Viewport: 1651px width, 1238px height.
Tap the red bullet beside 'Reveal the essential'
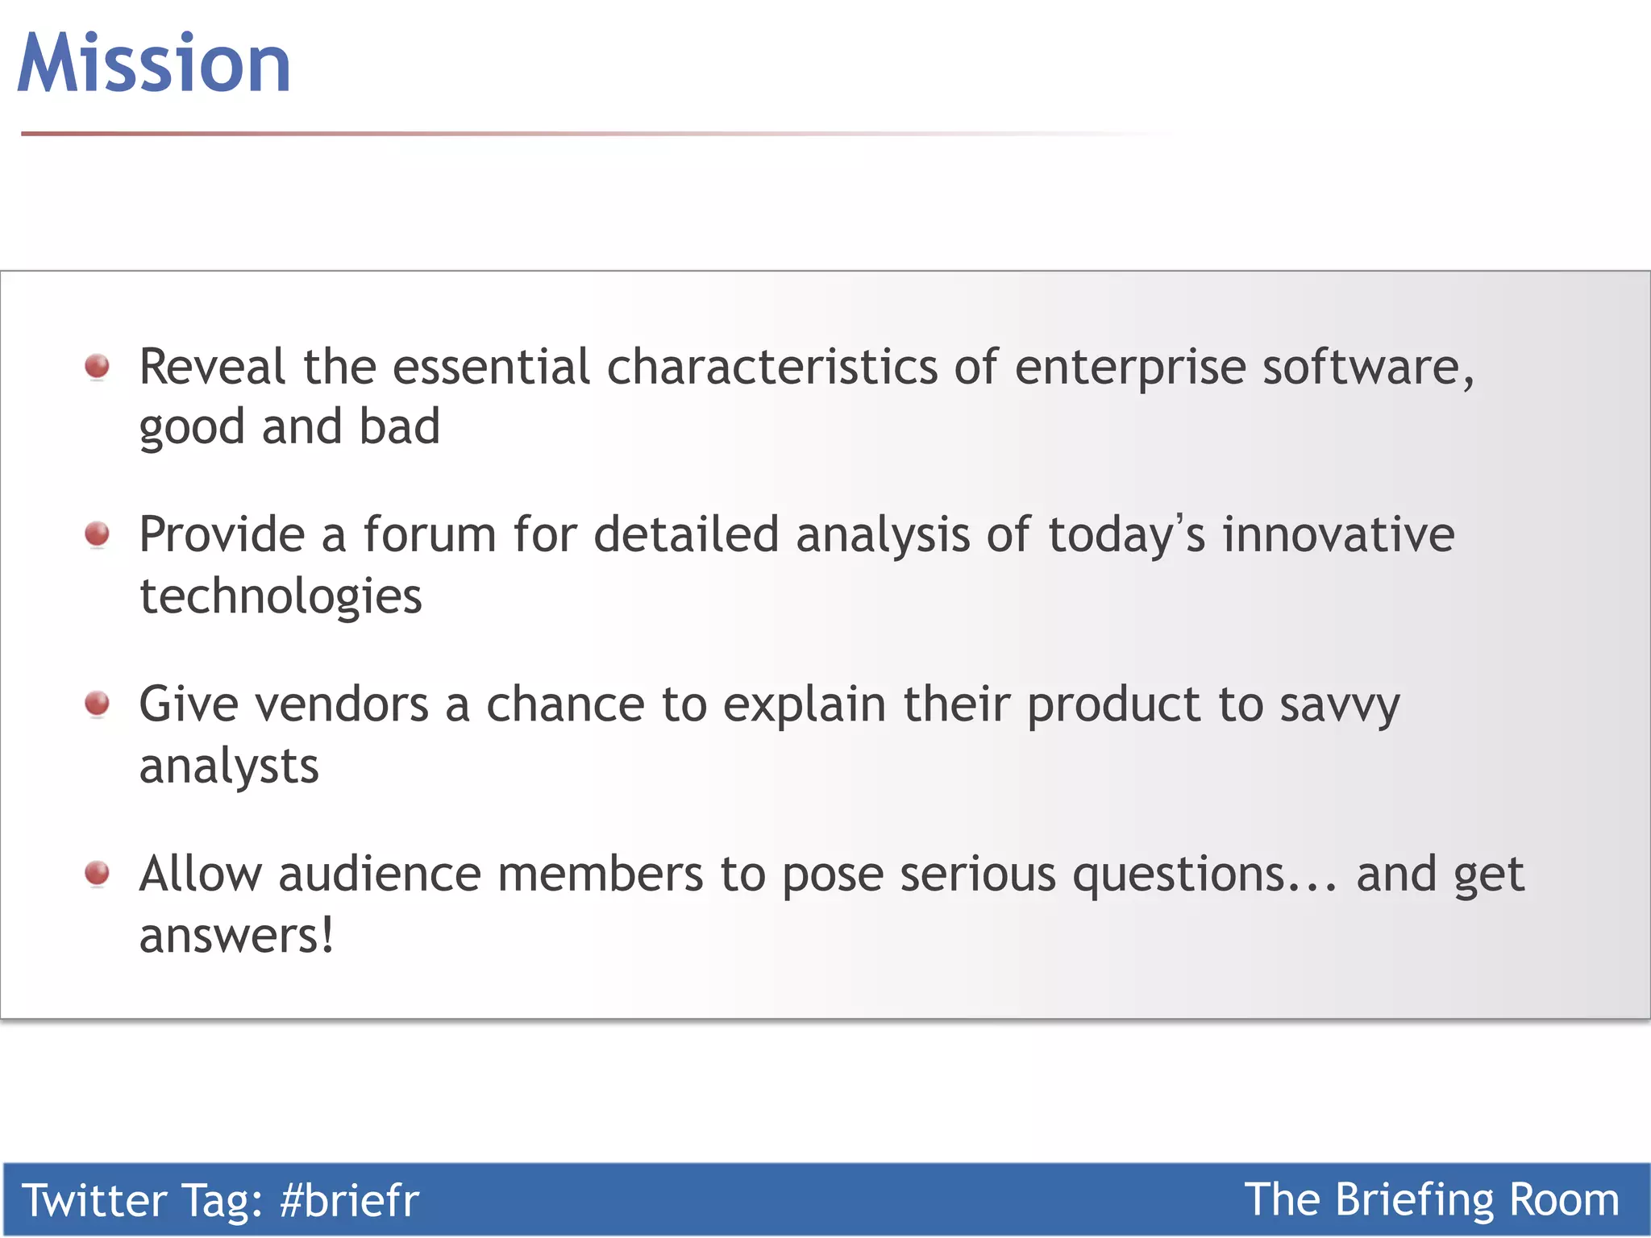[x=98, y=366]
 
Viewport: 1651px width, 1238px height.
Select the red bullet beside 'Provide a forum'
[x=98, y=534]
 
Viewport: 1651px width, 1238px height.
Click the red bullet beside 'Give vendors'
[x=98, y=703]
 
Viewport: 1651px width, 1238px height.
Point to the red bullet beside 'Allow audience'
[x=98, y=873]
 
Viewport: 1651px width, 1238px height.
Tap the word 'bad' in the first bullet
[x=400, y=426]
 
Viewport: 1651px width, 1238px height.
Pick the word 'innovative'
[x=1338, y=534]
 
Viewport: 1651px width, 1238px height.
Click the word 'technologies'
[x=281, y=597]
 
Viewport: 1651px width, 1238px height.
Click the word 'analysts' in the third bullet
[x=229, y=766]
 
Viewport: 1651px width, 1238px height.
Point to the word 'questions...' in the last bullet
[x=1204, y=875]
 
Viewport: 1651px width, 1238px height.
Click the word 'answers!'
[x=236, y=936]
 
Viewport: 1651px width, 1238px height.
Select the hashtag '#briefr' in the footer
[x=349, y=1200]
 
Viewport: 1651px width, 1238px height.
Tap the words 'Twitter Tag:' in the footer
[x=142, y=1200]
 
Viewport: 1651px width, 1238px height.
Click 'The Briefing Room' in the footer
[x=1432, y=1200]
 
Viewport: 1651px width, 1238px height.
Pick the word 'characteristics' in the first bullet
[x=771, y=367]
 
